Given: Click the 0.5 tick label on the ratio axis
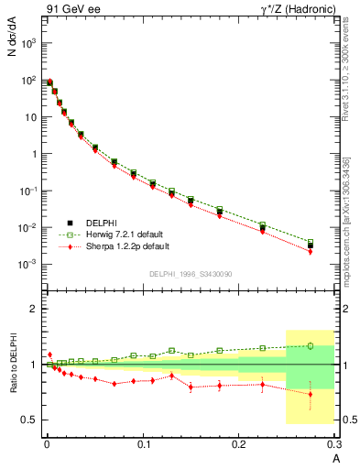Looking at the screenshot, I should [31, 420].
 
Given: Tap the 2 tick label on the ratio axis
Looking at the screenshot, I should [36, 309].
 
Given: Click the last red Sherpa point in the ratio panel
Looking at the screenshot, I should [310, 394].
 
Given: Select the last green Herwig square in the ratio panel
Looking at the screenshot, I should [310, 345].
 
